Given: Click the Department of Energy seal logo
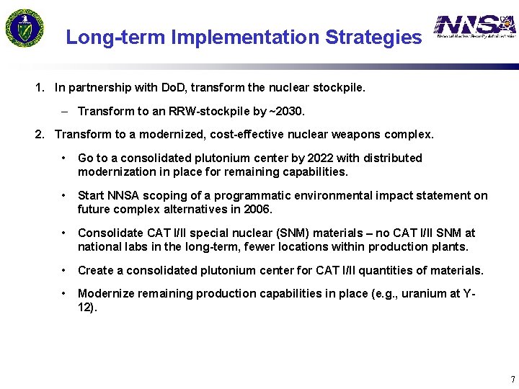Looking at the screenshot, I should pyautogui.click(x=25, y=28).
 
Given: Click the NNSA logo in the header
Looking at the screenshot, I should pyautogui.click(x=475, y=27).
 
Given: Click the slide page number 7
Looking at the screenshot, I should pyautogui.click(x=512, y=379).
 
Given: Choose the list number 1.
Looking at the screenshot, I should pyautogui.click(x=40, y=88).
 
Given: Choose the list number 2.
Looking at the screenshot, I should pyautogui.click(x=40, y=134).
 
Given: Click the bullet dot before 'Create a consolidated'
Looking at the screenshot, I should pyautogui.click(x=65, y=270).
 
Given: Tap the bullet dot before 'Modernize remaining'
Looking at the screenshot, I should pyautogui.click(x=65, y=293).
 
